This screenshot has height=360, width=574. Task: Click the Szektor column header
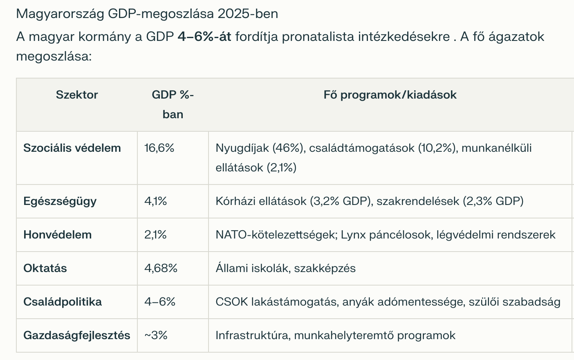click(77, 95)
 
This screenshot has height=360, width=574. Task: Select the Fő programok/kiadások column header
click(390, 95)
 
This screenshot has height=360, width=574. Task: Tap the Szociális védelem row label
click(72, 148)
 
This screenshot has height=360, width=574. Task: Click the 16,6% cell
click(159, 148)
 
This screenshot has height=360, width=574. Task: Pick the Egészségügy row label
click(60, 201)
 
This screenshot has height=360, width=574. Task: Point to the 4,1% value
click(156, 201)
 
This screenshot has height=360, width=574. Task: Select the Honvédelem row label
click(57, 235)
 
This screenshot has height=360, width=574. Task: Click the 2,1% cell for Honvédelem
click(156, 235)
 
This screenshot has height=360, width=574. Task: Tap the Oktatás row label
click(45, 268)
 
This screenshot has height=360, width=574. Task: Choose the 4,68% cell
click(161, 268)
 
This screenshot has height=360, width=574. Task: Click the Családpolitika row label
click(63, 302)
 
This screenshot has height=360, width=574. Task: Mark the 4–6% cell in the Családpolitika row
click(160, 302)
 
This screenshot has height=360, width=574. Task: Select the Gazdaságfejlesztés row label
click(77, 335)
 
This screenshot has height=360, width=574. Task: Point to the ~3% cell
click(156, 335)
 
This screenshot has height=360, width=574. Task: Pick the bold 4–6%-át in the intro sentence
click(204, 37)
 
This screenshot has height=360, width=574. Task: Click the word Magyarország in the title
click(60, 14)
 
